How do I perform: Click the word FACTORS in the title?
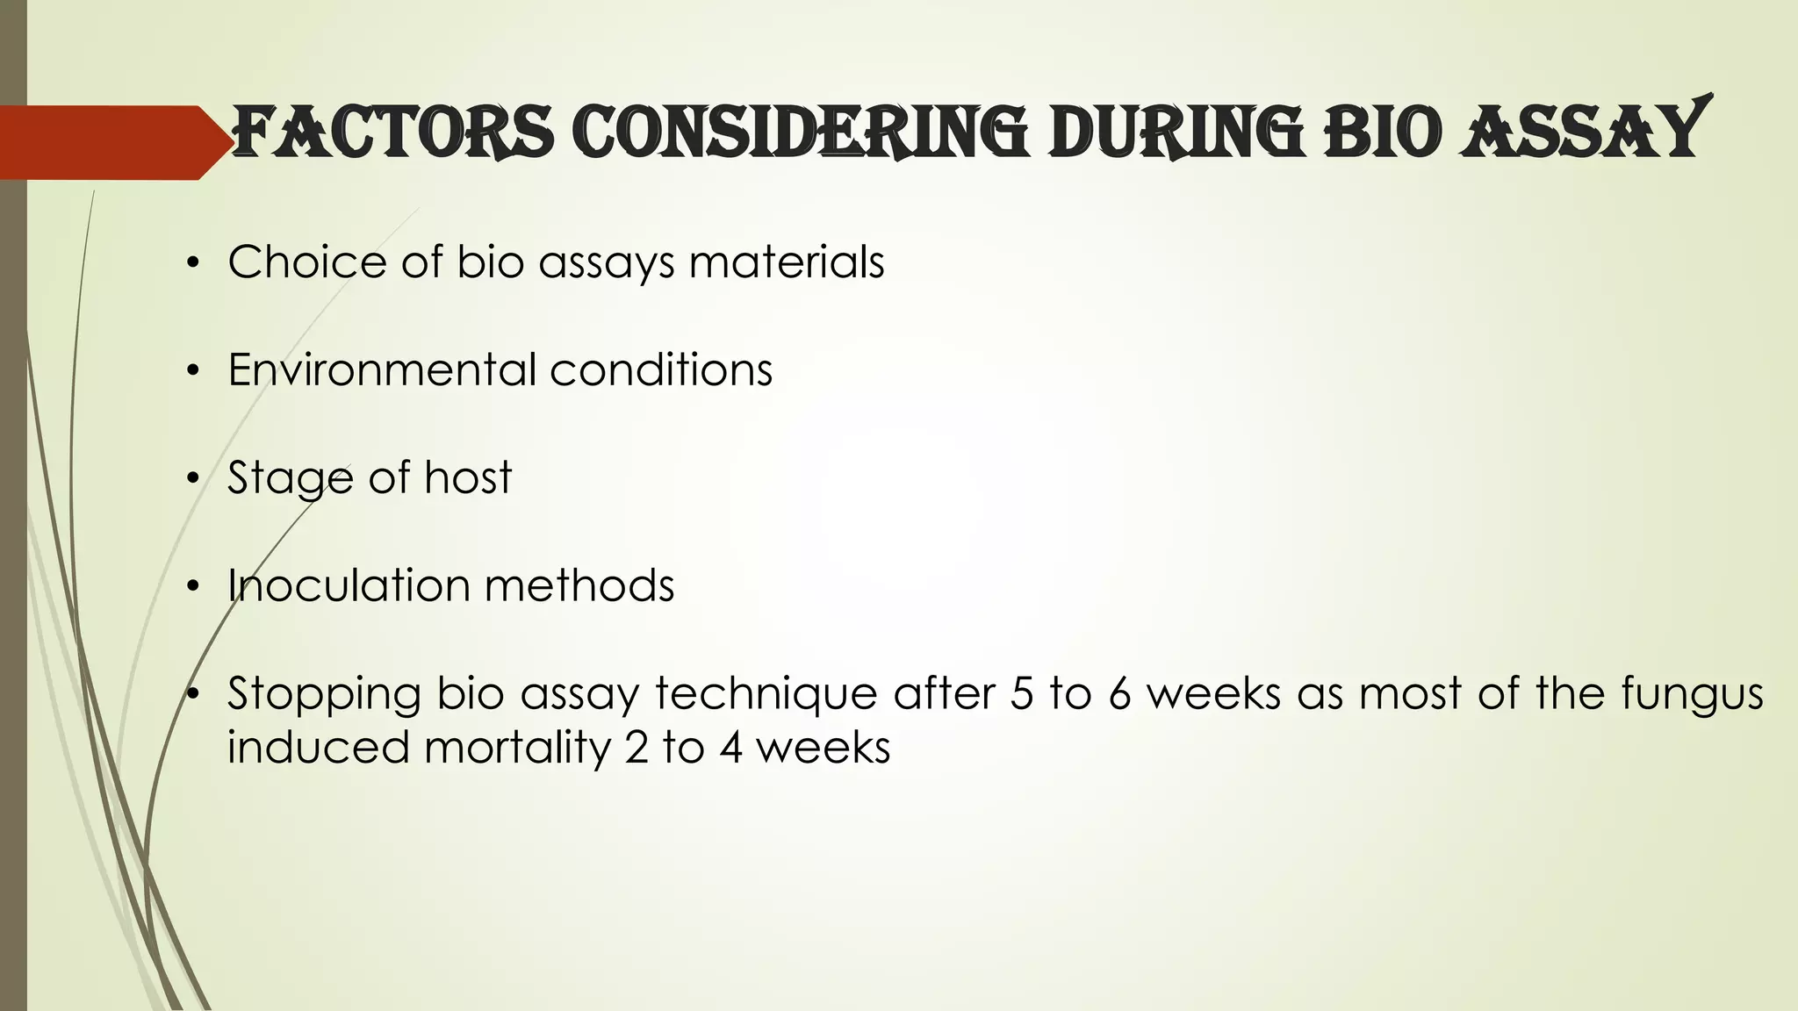pyautogui.click(x=392, y=133)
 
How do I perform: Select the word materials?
pyautogui.click(x=787, y=262)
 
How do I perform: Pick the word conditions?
pyautogui.click(x=661, y=369)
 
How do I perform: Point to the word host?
pyautogui.click(x=468, y=477)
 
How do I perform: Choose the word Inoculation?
pyautogui.click(x=348, y=585)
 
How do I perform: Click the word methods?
pyautogui.click(x=579, y=585)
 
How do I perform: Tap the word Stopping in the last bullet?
pyautogui.click(x=325, y=694)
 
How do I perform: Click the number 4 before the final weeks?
pyautogui.click(x=731, y=748)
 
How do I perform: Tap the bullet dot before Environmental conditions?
pyautogui.click(x=193, y=371)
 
